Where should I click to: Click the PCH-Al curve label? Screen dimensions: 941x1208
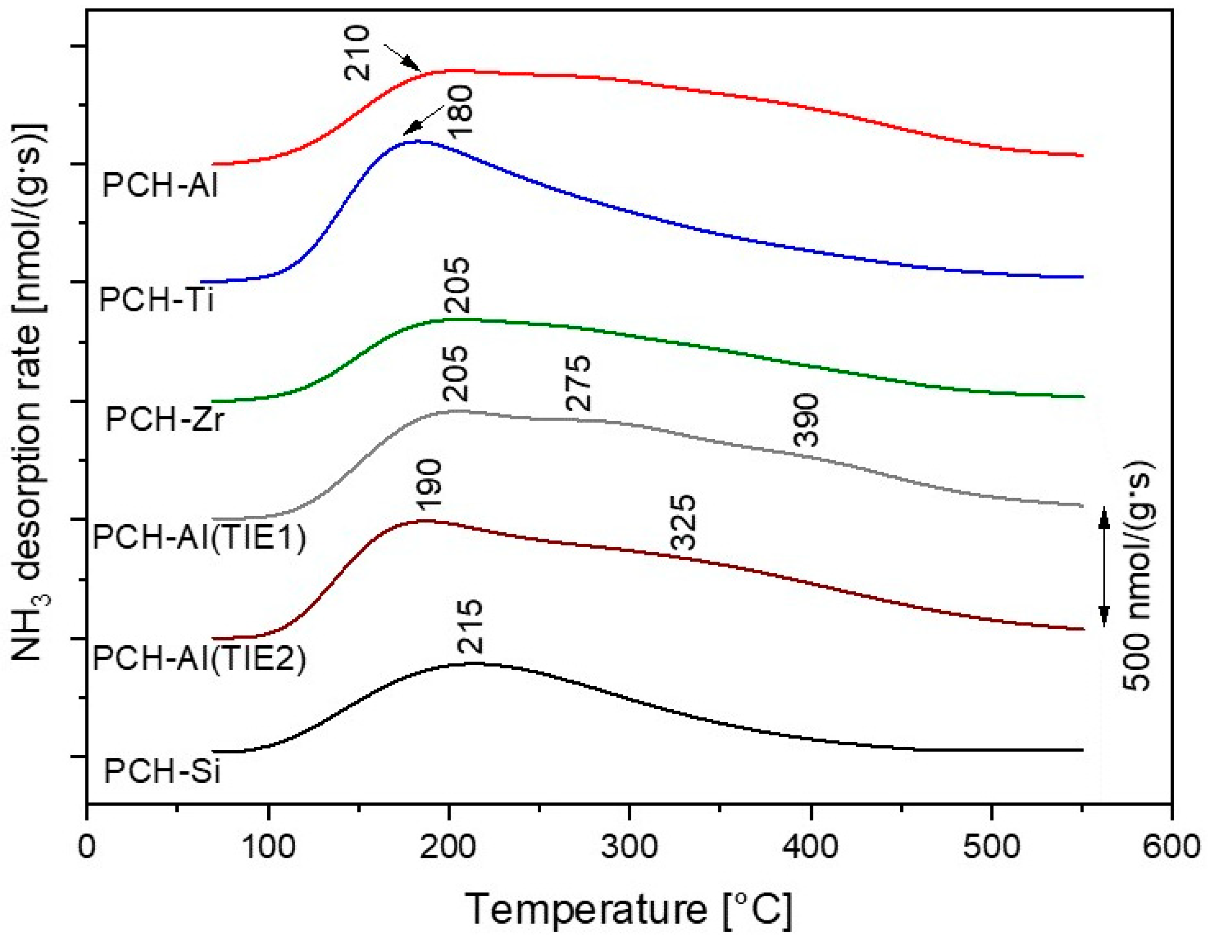160,184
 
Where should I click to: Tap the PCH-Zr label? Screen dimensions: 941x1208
165,419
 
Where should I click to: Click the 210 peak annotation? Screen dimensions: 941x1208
357,54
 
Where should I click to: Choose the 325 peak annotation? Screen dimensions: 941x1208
683,523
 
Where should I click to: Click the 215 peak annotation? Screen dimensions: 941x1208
471,627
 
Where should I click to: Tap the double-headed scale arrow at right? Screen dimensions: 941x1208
1103,567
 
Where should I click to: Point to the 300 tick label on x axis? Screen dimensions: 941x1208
629,847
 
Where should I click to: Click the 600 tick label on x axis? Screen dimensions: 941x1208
1171,847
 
